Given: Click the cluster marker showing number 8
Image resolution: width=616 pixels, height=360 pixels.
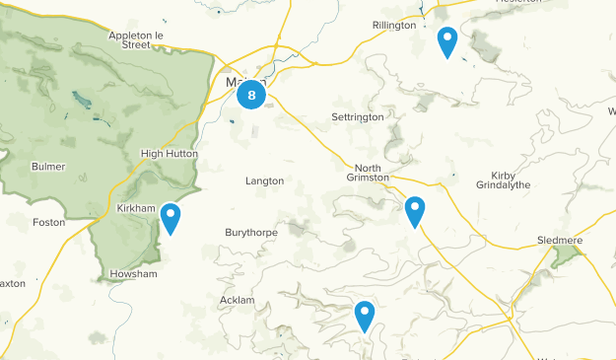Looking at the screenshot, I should (x=251, y=95).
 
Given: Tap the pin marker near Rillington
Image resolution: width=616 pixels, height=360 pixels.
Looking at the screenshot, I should (x=447, y=41).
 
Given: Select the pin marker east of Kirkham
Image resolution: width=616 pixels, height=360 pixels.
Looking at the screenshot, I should (x=171, y=217).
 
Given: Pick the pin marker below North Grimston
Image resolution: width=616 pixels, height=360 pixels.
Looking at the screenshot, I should (x=415, y=210).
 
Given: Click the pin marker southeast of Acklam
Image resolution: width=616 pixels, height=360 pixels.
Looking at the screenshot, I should (x=365, y=315).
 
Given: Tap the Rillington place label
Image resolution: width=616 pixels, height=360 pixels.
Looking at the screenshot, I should (x=394, y=26).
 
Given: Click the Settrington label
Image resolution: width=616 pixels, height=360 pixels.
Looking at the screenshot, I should (x=356, y=117).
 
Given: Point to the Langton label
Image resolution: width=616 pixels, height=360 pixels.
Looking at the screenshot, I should (x=264, y=181).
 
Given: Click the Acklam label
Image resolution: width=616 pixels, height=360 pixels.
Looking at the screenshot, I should (x=238, y=300).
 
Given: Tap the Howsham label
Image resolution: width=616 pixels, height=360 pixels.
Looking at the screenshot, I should (x=134, y=274).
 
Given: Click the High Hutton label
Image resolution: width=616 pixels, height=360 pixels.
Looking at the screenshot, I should (x=170, y=154).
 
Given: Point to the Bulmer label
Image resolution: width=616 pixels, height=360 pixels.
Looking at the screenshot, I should (x=47, y=167).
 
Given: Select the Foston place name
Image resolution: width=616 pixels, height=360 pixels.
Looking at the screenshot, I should (x=48, y=223).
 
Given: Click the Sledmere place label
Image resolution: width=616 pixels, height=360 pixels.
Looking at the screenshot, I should (x=562, y=241).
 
